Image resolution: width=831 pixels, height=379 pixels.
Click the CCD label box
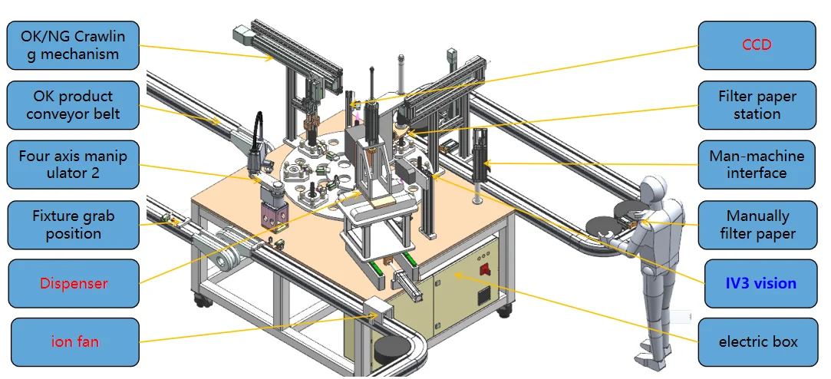[757, 45]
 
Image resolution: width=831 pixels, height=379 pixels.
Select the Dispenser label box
[74, 283]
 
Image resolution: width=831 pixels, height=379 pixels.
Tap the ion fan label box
[74, 342]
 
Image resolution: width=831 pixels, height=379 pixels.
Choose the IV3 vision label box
[760, 283]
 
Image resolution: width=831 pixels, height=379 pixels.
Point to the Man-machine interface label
[757, 164]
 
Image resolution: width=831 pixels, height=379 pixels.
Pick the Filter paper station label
[757, 105]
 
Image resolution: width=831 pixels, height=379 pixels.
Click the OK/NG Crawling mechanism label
[73, 45]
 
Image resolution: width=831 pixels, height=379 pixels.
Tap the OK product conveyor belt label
[73, 105]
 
